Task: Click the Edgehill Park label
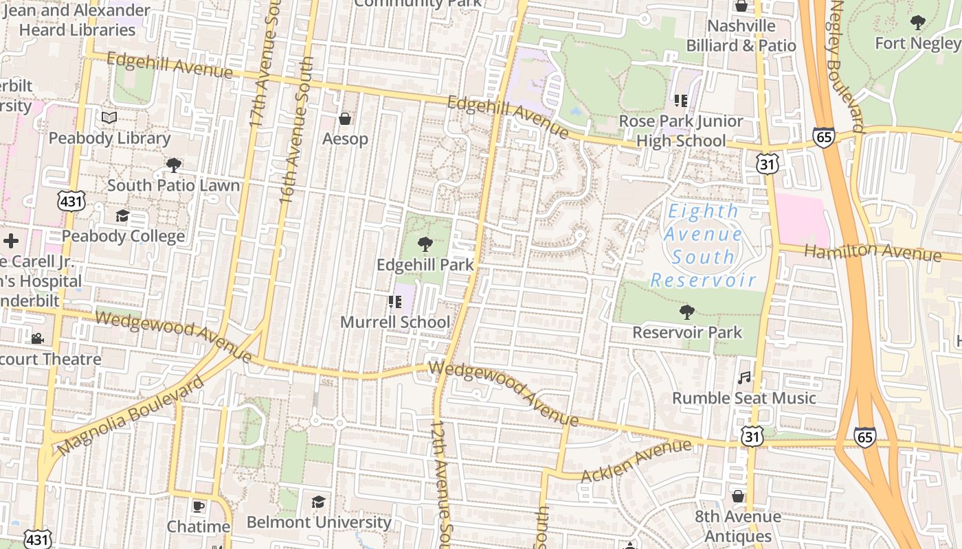(x=425, y=264)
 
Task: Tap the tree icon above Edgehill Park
(x=425, y=244)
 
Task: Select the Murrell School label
(x=396, y=322)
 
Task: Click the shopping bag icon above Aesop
(x=345, y=119)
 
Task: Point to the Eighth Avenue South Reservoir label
(x=703, y=246)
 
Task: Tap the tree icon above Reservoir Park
(x=686, y=312)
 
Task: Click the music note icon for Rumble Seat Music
(x=744, y=377)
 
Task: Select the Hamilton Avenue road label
(x=873, y=252)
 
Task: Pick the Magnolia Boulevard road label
(x=131, y=416)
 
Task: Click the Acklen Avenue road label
(x=636, y=462)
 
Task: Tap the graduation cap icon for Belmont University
(x=318, y=502)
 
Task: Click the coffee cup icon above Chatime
(x=199, y=506)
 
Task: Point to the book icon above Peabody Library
(x=109, y=118)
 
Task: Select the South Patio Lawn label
(x=174, y=185)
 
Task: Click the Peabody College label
(x=123, y=236)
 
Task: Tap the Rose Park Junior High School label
(x=681, y=131)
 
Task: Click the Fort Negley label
(x=917, y=43)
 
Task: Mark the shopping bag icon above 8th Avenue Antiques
(x=738, y=495)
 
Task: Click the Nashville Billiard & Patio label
(x=741, y=36)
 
